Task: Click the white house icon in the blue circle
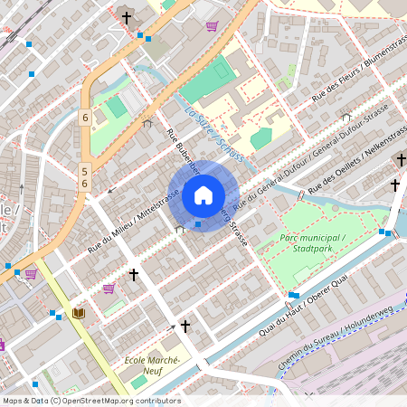203,195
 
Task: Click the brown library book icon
79,313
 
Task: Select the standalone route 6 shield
84,118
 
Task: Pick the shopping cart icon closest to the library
109,289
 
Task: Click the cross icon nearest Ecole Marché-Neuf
185,326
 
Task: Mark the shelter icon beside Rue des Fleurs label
345,117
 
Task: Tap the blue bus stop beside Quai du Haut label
294,296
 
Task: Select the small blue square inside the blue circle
198,223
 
